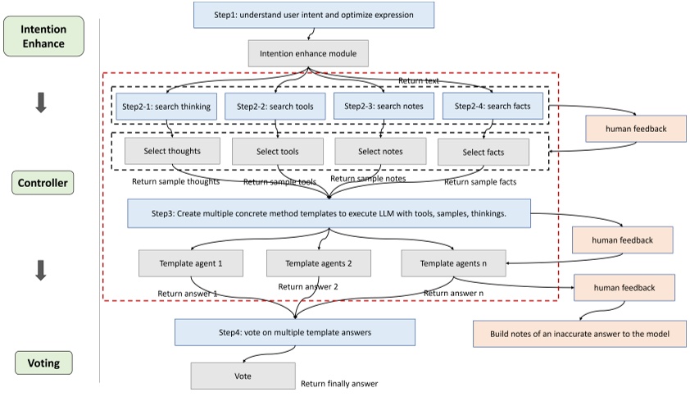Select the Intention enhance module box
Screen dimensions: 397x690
coord(308,54)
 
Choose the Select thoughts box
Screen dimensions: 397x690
coord(171,151)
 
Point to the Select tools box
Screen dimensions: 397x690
coord(277,152)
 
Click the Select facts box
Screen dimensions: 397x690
coord(483,152)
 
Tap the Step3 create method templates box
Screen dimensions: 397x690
coord(329,213)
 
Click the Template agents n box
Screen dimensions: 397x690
coord(453,263)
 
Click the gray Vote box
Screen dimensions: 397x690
coord(243,376)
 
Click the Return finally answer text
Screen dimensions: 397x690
coord(338,383)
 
